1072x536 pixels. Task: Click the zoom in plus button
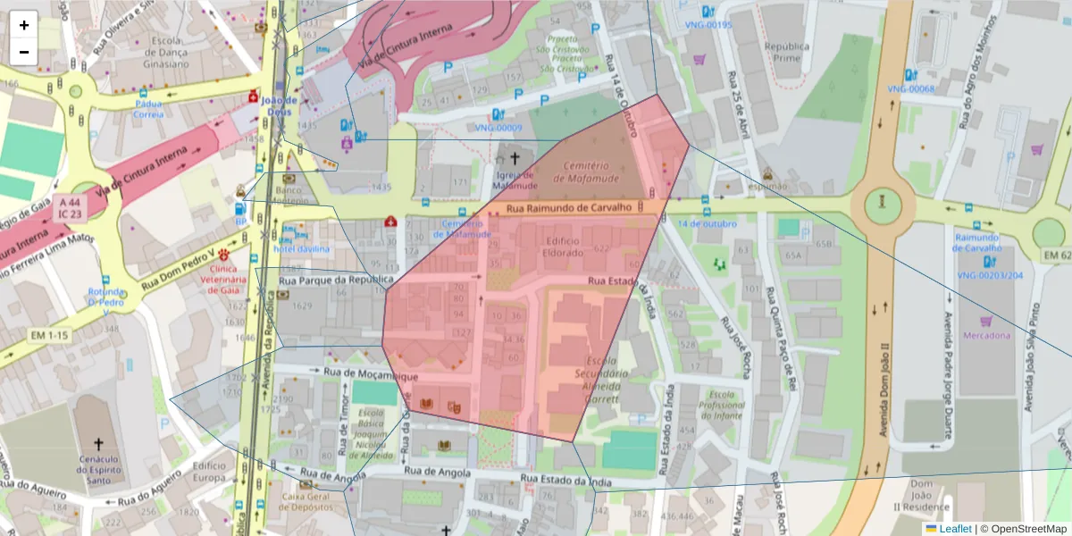[24, 25]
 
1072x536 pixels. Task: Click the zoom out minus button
[24, 52]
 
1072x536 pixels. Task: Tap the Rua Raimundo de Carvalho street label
[568, 207]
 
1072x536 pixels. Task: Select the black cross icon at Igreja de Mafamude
[515, 157]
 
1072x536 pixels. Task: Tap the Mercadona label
[986, 336]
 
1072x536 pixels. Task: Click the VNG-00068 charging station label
[910, 88]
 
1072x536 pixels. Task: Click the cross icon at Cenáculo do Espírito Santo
[98, 444]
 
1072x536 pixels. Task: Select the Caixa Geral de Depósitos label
[306, 501]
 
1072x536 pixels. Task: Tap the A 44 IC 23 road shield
[70, 208]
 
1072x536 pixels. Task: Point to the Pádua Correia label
[148, 108]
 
